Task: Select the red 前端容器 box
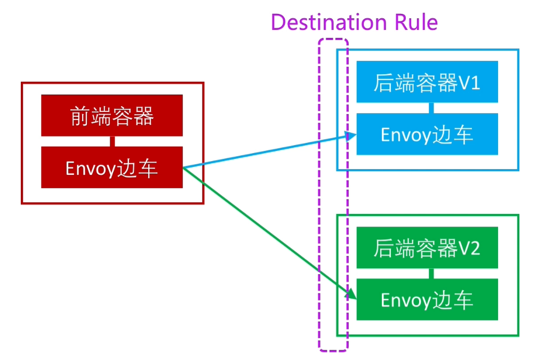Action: (x=112, y=115)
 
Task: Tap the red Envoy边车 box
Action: (x=112, y=167)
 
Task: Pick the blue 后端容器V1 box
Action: (x=427, y=82)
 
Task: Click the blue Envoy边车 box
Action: (x=427, y=134)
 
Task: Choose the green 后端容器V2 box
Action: (x=427, y=247)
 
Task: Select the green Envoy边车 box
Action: (x=427, y=300)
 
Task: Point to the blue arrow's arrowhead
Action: (x=352, y=136)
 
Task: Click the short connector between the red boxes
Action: (x=112, y=141)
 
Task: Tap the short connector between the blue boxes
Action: (x=431, y=108)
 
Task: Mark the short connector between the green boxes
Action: (x=431, y=274)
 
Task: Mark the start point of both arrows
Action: (x=183, y=168)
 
